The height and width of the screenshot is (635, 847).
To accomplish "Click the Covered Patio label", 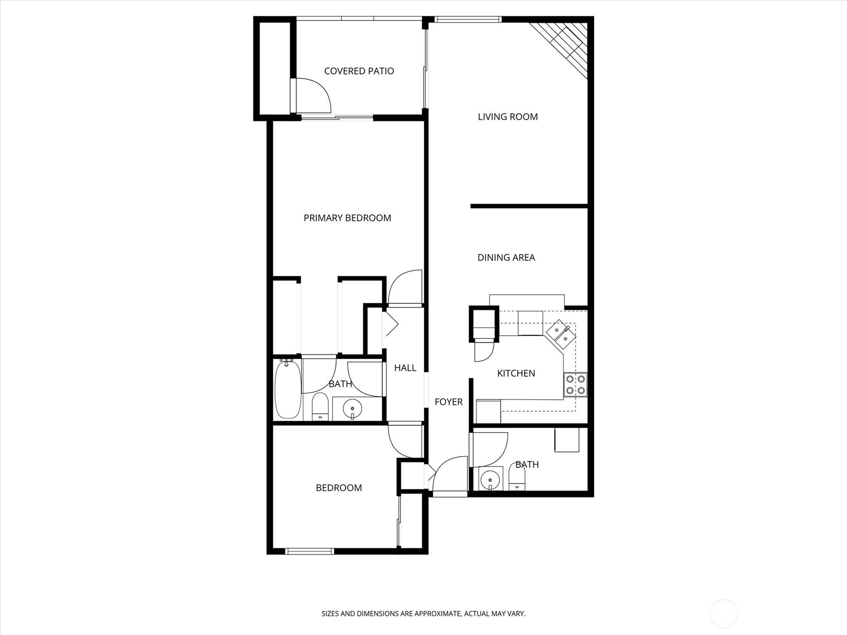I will click(x=359, y=71).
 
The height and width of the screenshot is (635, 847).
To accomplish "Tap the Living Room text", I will click(x=508, y=117).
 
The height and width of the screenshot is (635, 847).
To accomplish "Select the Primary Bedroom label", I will click(x=347, y=218).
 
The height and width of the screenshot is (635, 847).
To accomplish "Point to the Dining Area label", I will click(x=506, y=258).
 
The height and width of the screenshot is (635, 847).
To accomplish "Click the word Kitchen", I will click(x=516, y=374).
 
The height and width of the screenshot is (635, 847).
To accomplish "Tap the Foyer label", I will click(x=448, y=402).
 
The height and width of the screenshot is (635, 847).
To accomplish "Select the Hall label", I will click(x=405, y=368).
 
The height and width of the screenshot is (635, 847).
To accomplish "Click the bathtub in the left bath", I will click(x=288, y=390).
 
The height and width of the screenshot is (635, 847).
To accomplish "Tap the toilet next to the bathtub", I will click(x=320, y=406).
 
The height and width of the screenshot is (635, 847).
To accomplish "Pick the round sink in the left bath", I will click(x=353, y=408).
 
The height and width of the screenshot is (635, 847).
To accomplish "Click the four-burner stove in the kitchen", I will click(x=575, y=385).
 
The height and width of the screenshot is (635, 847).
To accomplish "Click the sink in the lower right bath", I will click(x=490, y=479).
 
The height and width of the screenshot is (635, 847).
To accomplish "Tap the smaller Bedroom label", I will click(x=339, y=488).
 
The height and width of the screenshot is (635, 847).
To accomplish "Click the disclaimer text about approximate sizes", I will click(x=424, y=614).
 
